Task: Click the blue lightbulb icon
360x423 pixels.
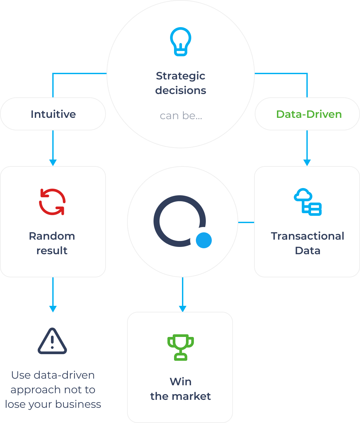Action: coord(181,42)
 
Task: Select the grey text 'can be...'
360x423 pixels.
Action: coord(181,116)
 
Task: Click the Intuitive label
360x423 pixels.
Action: coord(53,114)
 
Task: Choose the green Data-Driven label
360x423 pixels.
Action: coord(309,114)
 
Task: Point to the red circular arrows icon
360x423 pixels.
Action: coord(52,202)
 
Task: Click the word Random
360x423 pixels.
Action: coord(52,236)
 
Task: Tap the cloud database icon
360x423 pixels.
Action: coord(308,202)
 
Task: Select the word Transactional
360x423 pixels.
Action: coord(308,236)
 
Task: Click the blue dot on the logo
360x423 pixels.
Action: coord(204,240)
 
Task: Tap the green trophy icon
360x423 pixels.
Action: coord(181,348)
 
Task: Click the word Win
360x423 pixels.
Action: coord(181,382)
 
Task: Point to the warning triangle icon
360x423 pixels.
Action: coord(52,341)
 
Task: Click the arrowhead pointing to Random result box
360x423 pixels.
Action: coord(53,163)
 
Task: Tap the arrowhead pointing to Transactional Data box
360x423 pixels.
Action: coord(307,163)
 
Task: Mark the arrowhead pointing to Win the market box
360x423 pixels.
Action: coord(183,309)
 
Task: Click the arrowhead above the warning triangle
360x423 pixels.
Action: coord(53,309)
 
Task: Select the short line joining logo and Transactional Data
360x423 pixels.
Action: coord(246,222)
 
